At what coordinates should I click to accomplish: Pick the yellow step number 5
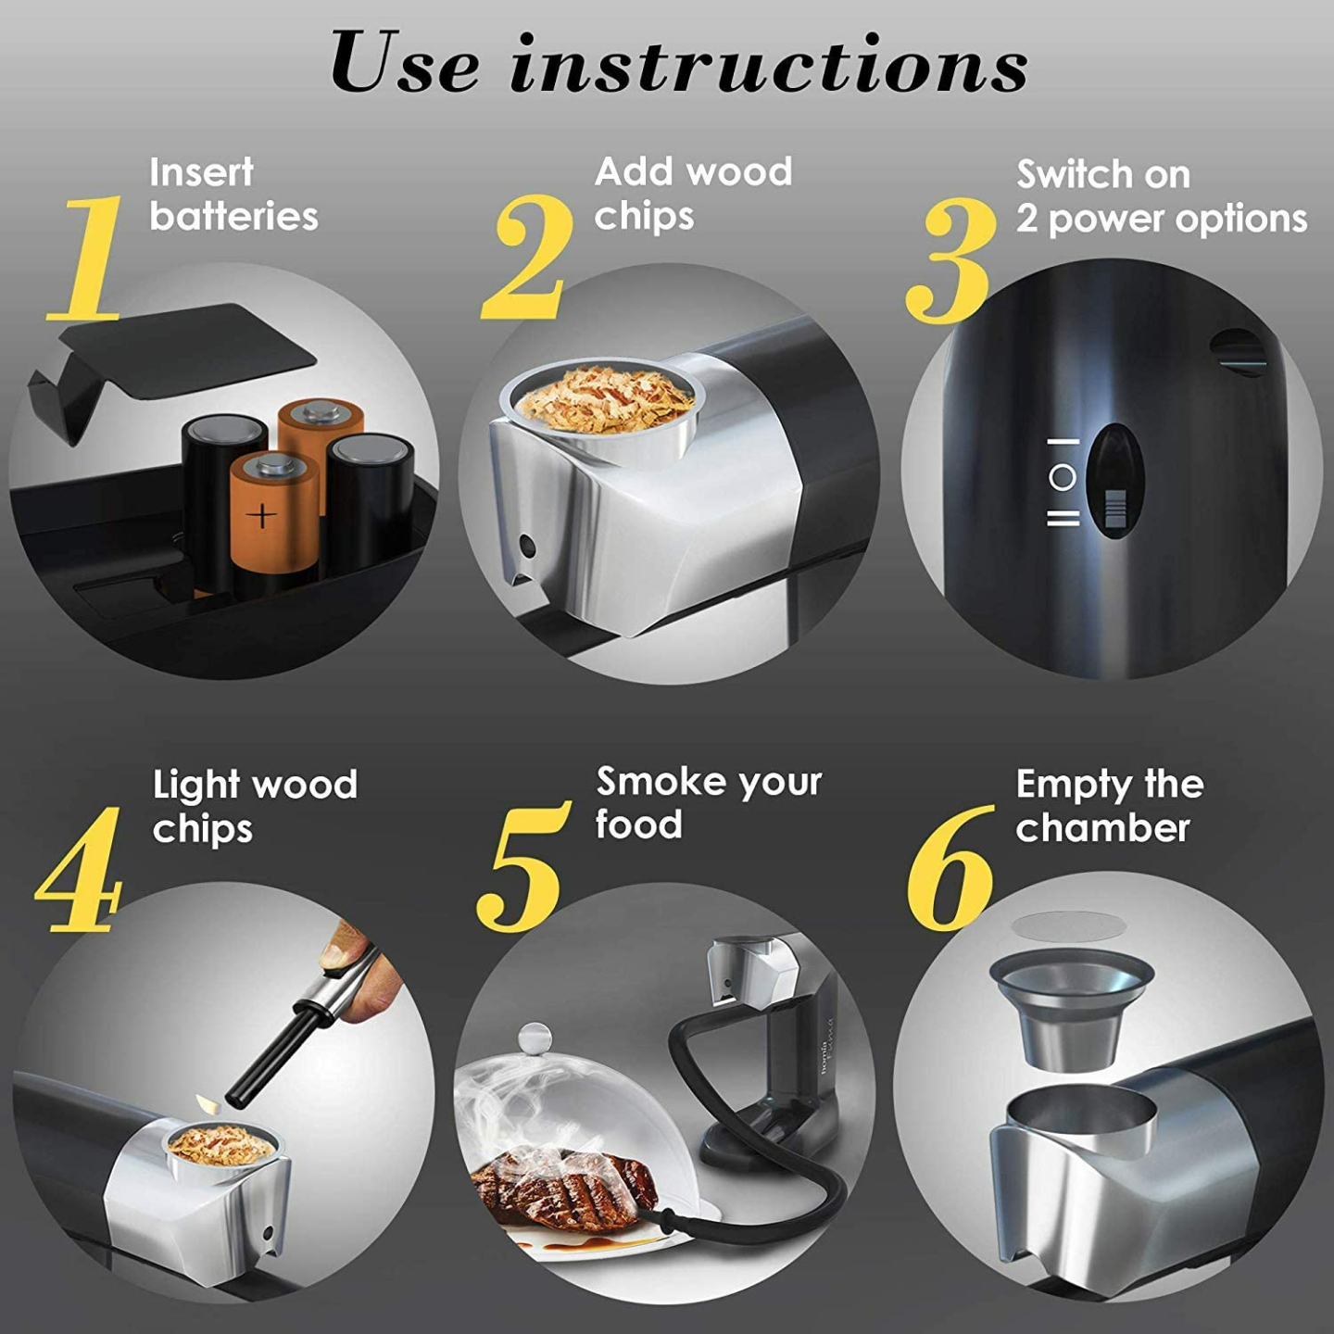pyautogui.click(x=521, y=866)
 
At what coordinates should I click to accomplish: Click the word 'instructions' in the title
pyautogui.click(x=769, y=63)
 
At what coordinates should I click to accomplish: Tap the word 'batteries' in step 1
pyautogui.click(x=233, y=217)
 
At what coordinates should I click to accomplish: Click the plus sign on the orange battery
pyautogui.click(x=263, y=514)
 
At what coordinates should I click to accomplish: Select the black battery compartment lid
pyautogui.click(x=176, y=357)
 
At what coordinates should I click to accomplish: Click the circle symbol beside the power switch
pyautogui.click(x=1063, y=478)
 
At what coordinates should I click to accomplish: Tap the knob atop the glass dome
pyautogui.click(x=535, y=1037)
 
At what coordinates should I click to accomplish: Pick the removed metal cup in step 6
pyautogui.click(x=1071, y=1010)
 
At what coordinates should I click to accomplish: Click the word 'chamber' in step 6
pyautogui.click(x=1102, y=828)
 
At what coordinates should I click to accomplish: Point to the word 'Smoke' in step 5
pyautogui.click(x=653, y=782)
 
